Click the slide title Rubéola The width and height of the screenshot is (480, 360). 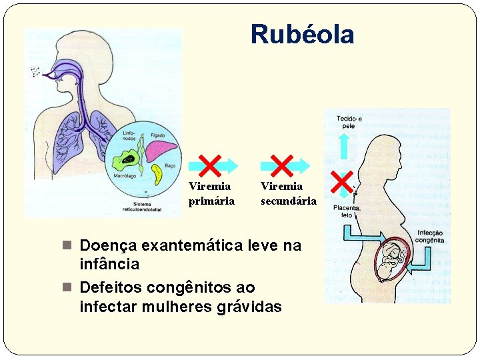pyautogui.click(x=302, y=34)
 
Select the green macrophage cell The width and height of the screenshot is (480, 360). pyautogui.click(x=125, y=161)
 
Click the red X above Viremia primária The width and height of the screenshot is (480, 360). pyautogui.click(x=211, y=165)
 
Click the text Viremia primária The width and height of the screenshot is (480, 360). pyautogui.click(x=211, y=194)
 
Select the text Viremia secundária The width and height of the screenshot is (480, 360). pyautogui.click(x=288, y=194)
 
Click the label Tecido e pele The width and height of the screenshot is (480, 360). pyautogui.click(x=349, y=121)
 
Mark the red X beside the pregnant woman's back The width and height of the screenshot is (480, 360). pyautogui.click(x=341, y=181)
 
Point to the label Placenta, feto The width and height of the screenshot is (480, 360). pyautogui.click(x=347, y=211)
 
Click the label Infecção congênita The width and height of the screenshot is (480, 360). pyautogui.click(x=429, y=237)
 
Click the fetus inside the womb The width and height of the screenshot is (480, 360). pyautogui.click(x=395, y=260)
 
